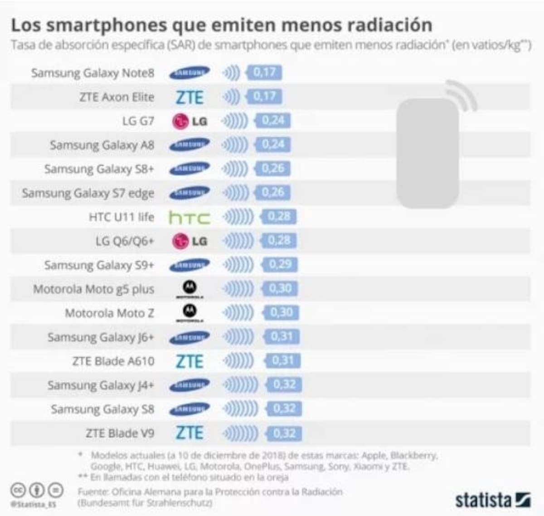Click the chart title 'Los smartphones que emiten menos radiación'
tap(221, 25)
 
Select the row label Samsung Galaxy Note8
tap(92, 73)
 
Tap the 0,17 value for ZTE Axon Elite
tap(264, 97)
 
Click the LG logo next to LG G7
tap(189, 121)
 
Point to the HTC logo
tap(189, 218)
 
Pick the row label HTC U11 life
tap(121, 217)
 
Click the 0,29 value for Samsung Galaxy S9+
tap(280, 264)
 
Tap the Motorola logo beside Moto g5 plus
tap(189, 289)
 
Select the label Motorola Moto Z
tap(109, 313)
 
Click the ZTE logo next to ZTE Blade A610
tap(189, 361)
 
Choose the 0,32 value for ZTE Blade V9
tap(284, 433)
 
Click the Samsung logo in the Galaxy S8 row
tap(189, 409)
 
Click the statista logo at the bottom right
tap(492, 500)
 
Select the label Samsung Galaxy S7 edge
tap(88, 193)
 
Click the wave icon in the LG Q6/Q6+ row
tap(238, 241)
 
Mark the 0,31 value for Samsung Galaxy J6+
tap(282, 337)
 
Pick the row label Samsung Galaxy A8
tap(102, 145)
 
